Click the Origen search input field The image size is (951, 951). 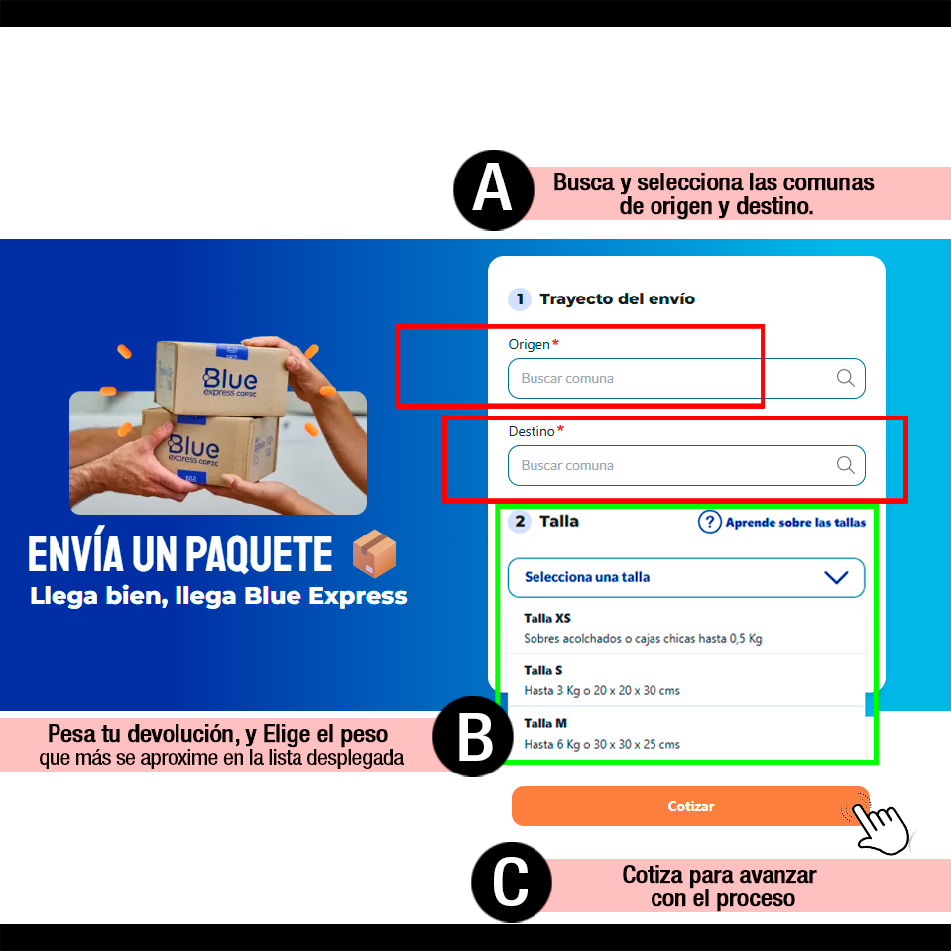(686, 379)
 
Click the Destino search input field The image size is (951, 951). (686, 466)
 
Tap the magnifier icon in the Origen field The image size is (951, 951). (846, 378)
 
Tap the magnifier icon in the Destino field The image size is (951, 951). (846, 465)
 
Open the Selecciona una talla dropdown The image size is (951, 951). (686, 577)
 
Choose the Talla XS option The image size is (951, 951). (686, 628)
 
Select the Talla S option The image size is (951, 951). (686, 680)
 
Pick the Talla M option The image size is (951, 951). (686, 733)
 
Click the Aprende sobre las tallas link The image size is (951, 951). (795, 523)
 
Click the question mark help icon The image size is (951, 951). (710, 522)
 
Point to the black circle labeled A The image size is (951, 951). (494, 189)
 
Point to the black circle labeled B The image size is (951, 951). (474, 736)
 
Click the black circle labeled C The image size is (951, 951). (512, 883)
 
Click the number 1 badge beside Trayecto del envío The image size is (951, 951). (520, 299)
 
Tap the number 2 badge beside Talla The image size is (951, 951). (520, 521)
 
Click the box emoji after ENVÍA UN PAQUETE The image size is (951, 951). (374, 553)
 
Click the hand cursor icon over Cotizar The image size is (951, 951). (879, 824)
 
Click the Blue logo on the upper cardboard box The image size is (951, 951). (230, 380)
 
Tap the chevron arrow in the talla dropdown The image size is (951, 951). (836, 577)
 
